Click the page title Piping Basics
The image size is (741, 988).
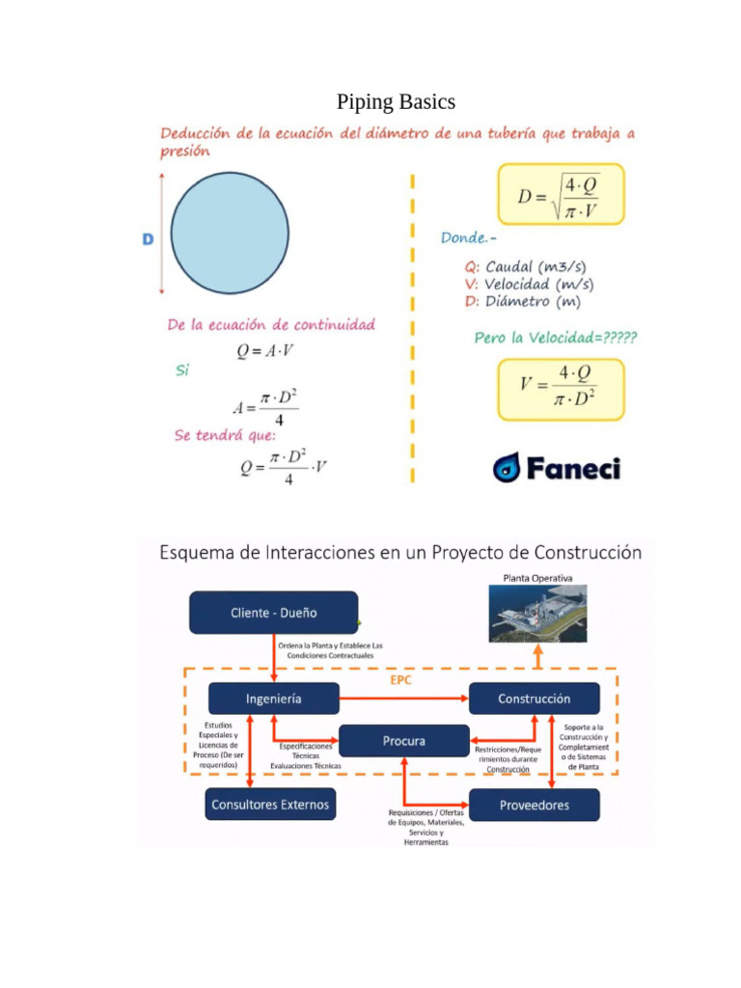396,101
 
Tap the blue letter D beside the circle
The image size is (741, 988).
149,238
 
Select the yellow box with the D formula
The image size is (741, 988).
561,194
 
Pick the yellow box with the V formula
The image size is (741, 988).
561,389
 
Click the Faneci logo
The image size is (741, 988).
557,468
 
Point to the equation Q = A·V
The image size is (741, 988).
265,352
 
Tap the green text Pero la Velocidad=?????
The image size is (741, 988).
555,338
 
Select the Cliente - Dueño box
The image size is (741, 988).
273,613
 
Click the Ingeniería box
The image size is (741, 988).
273,699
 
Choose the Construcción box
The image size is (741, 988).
534,699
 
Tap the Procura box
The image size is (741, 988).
404,741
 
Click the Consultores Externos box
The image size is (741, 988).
270,804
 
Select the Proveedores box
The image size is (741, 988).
534,805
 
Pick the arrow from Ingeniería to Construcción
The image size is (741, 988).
404,699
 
